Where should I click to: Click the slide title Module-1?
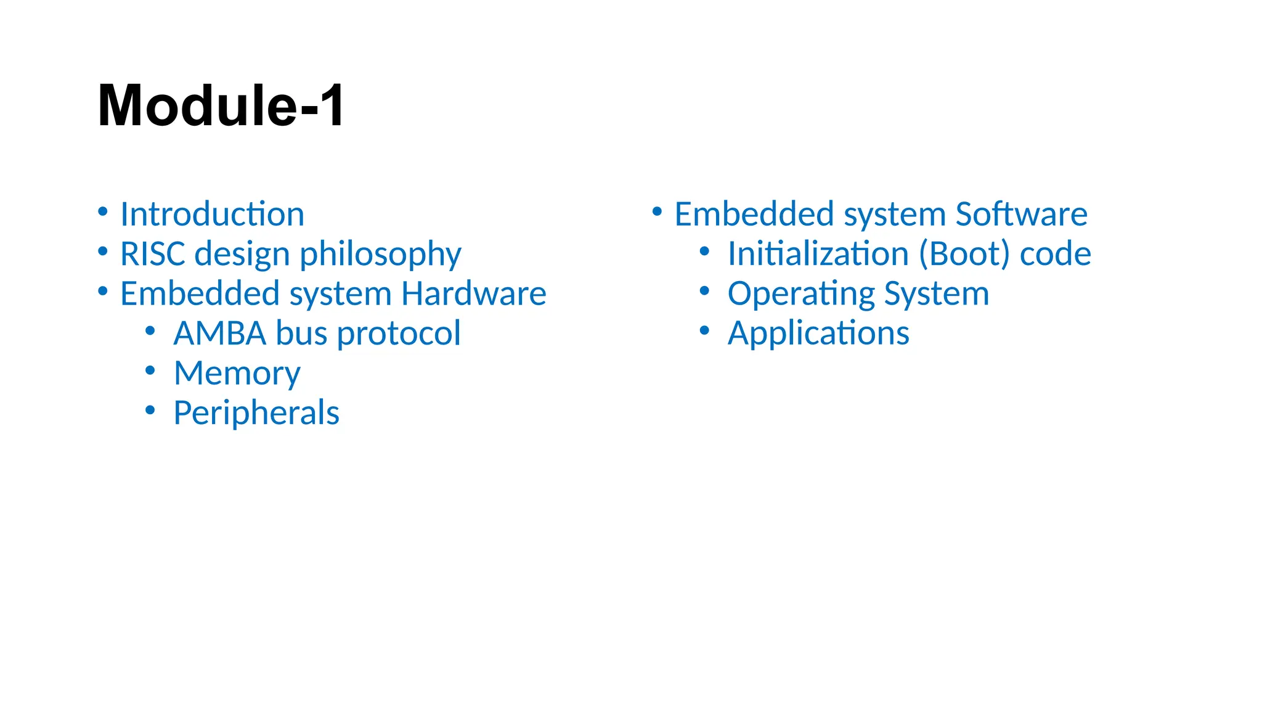pyautogui.click(x=221, y=105)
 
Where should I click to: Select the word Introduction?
pyautogui.click(x=212, y=214)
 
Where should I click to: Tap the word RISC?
pyautogui.click(x=153, y=254)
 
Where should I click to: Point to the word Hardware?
pyautogui.click(x=473, y=293)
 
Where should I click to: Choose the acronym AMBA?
pyautogui.click(x=220, y=333)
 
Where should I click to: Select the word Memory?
pyautogui.click(x=237, y=373)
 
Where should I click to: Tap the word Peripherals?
pyautogui.click(x=256, y=413)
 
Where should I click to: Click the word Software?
pyautogui.click(x=1021, y=214)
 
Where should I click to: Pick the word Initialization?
pyautogui.click(x=818, y=254)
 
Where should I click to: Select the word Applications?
pyautogui.click(x=818, y=333)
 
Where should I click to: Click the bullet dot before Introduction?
pyautogui.click(x=103, y=211)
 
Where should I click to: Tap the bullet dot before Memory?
pyautogui.click(x=150, y=370)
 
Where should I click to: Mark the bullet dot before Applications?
pyautogui.click(x=704, y=330)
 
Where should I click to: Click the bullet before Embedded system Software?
pyautogui.click(x=657, y=211)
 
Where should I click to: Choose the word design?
pyautogui.click(x=242, y=254)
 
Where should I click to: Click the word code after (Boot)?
pyautogui.click(x=1055, y=254)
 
